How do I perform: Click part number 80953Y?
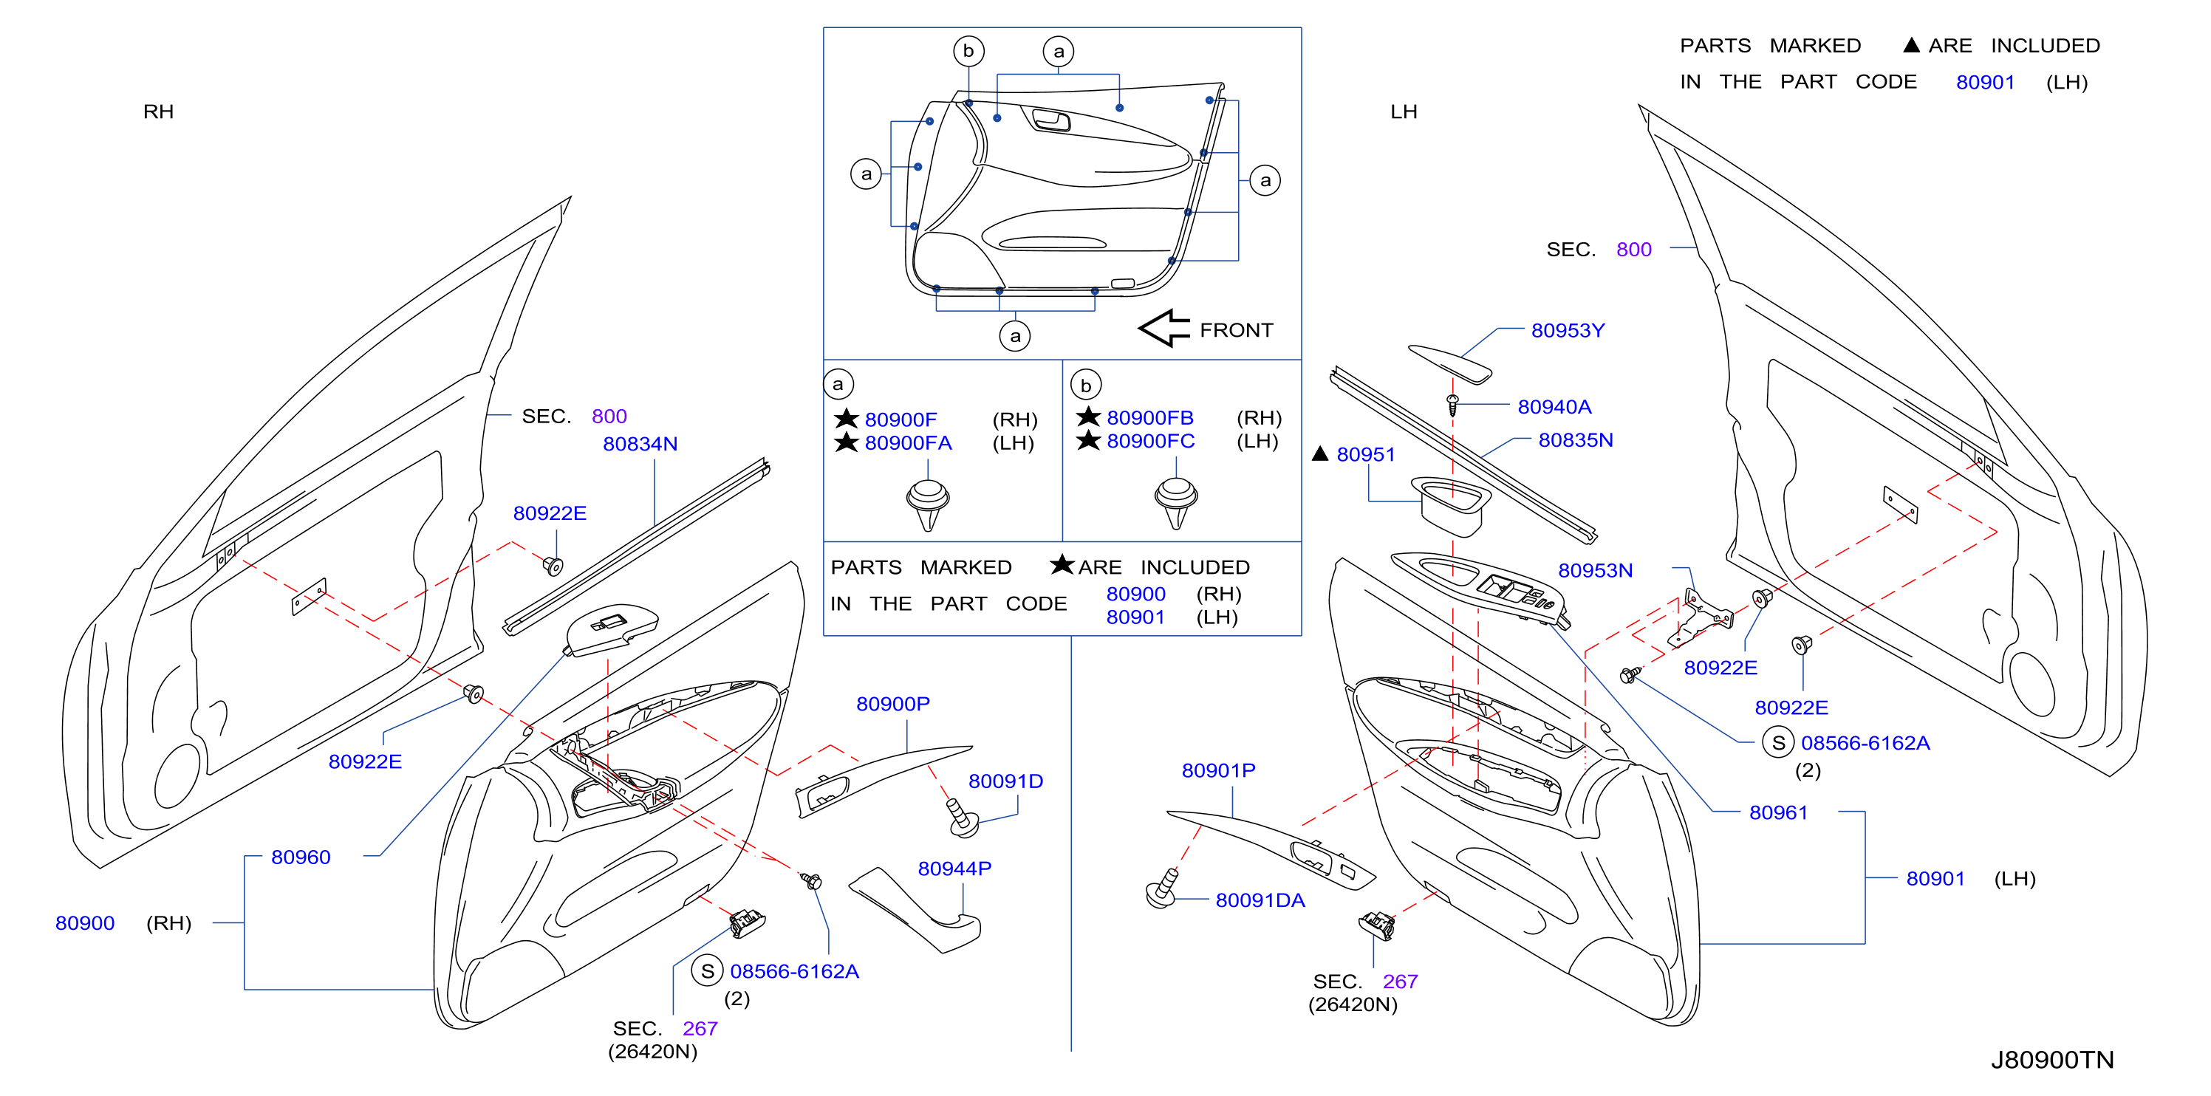coord(1568,330)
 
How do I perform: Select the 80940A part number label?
coord(1554,407)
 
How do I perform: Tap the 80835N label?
coord(1576,440)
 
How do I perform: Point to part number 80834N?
coord(640,444)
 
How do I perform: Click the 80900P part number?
coord(892,704)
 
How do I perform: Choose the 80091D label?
coord(1006,781)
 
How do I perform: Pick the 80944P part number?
coord(954,869)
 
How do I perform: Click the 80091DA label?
coord(1260,900)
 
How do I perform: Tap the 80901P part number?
coord(1219,771)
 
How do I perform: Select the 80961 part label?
coord(1778,813)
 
